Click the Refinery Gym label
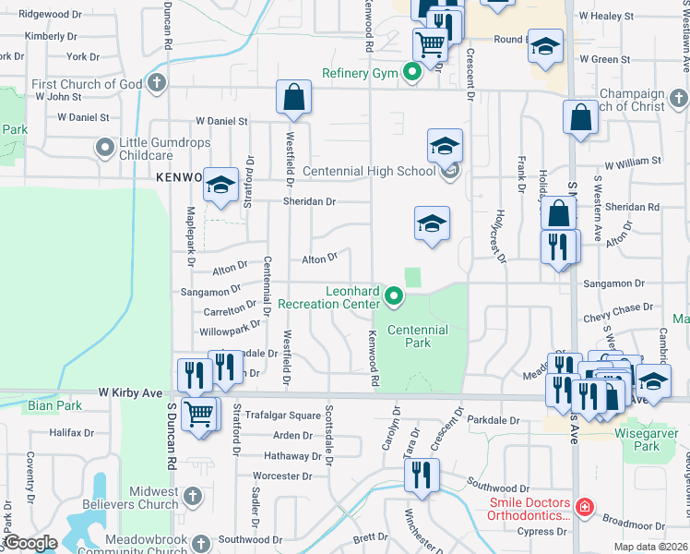359,73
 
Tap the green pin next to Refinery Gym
412,72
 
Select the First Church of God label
87,84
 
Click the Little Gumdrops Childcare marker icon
104,147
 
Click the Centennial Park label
417,336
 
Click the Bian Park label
42,405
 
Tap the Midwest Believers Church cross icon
192,496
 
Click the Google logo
30,543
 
